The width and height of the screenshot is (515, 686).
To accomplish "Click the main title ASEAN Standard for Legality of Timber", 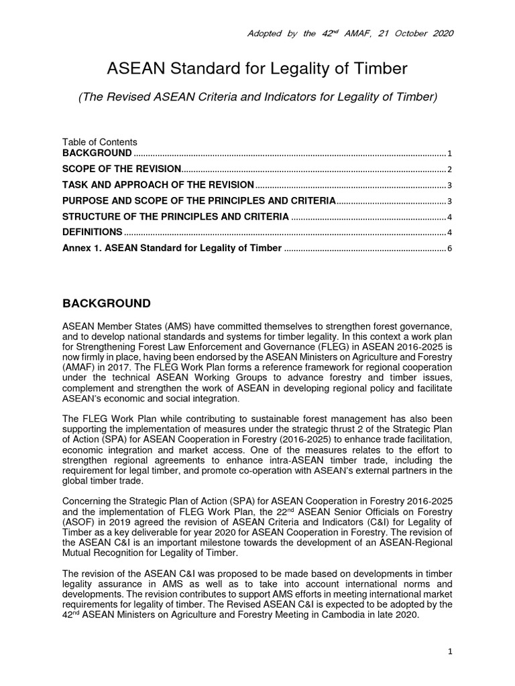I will [x=257, y=68].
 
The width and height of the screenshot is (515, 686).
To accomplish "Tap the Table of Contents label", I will [x=100, y=142].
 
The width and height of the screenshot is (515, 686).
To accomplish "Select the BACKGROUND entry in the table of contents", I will [x=97, y=153].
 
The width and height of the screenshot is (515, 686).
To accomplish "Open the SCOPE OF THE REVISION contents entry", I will [x=121, y=169].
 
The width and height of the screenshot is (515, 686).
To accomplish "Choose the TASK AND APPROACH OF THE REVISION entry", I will [x=158, y=185].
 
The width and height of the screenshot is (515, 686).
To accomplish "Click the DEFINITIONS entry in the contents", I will [x=92, y=232].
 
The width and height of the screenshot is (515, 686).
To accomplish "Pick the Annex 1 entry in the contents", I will [x=172, y=249].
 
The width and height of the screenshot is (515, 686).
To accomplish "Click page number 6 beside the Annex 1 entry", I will [x=450, y=249].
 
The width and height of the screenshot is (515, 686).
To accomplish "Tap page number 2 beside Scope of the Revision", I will [x=450, y=169].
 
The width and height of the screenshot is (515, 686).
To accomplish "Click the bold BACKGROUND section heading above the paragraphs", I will [x=107, y=303].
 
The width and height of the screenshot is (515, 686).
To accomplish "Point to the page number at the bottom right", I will [x=450, y=651].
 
